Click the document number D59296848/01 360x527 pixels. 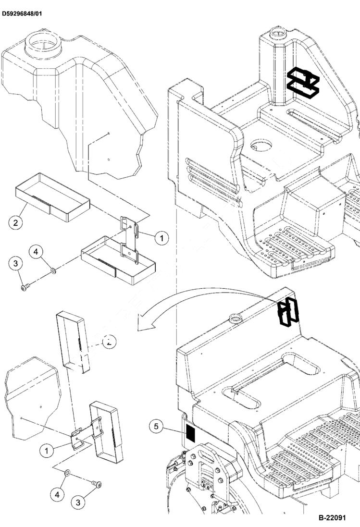click(22, 13)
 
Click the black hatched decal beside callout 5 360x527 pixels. click(191, 433)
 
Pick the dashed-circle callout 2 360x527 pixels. click(110, 343)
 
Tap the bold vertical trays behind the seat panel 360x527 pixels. click(289, 312)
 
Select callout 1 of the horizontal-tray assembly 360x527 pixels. click(161, 237)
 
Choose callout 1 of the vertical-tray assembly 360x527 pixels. click(47, 451)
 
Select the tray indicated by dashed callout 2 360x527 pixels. click(73, 342)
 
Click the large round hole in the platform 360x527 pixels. click(261, 145)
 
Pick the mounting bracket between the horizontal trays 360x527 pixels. click(128, 238)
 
